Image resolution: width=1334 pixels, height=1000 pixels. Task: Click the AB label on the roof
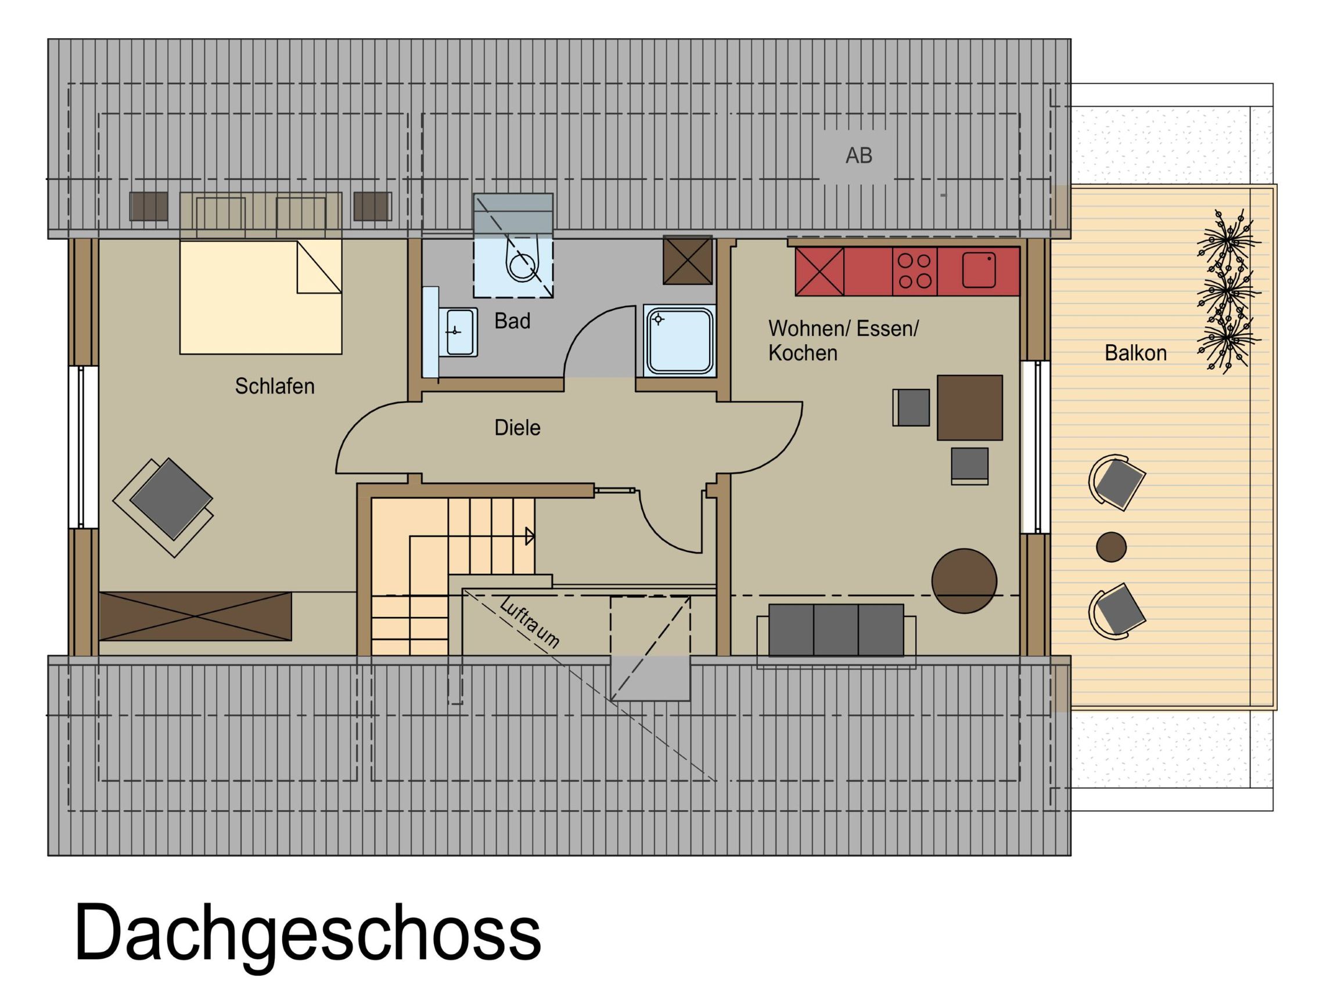[x=858, y=156]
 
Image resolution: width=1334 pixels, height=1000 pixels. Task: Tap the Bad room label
[x=512, y=322]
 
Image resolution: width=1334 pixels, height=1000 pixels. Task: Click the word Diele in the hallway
[x=517, y=428]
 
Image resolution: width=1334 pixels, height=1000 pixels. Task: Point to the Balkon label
[x=1135, y=353]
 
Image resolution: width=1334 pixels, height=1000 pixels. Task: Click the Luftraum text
[x=530, y=623]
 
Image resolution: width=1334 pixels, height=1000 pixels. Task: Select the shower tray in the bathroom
[x=679, y=341]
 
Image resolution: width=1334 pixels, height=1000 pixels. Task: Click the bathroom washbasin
[x=458, y=331]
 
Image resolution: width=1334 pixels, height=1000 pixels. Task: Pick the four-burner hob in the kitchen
[x=914, y=270]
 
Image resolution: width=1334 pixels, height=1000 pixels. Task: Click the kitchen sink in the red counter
[x=978, y=270]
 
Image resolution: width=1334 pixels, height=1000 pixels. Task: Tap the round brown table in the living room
[x=963, y=581]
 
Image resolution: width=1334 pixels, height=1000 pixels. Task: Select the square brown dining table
[x=969, y=407]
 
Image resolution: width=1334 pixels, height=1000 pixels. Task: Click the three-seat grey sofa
[x=836, y=630]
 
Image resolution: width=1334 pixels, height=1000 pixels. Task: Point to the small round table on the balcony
[x=1111, y=547]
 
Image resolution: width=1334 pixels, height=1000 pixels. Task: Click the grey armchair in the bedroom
[x=171, y=499]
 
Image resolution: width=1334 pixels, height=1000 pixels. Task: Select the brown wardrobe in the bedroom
[x=195, y=615]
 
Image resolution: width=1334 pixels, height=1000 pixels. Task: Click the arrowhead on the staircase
[x=529, y=536]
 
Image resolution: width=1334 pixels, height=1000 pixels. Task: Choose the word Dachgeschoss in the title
[x=308, y=932]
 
